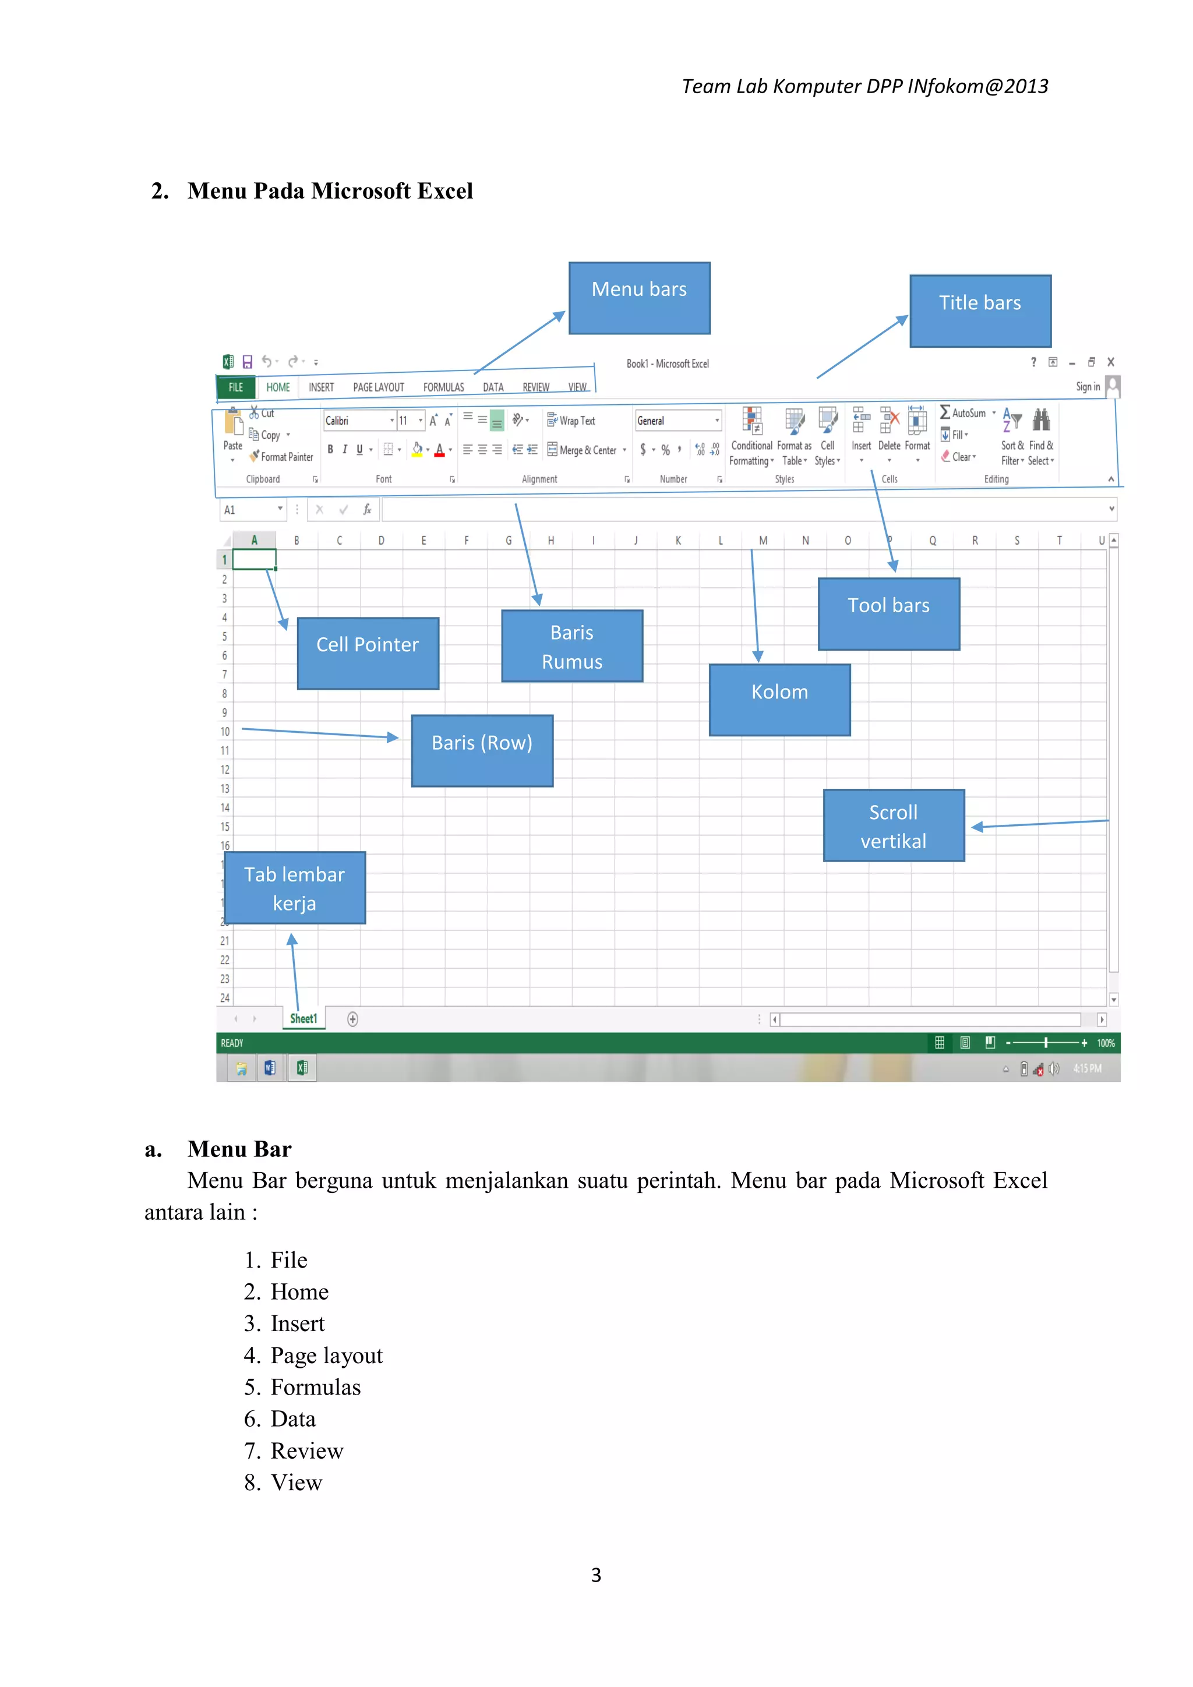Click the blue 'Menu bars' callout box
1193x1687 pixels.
pos(639,298)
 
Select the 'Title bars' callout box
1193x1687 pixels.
pos(980,311)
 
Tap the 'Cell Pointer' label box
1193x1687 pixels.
pos(368,652)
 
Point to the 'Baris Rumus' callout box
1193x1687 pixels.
pos(571,646)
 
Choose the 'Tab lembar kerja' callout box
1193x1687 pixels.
pos(295,888)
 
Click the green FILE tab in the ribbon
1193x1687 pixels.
pos(236,387)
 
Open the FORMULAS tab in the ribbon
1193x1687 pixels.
pos(443,387)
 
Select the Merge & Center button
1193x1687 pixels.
pos(586,450)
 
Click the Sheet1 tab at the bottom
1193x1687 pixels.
pos(303,1018)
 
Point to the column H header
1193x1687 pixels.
pos(551,540)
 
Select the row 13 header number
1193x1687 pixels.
pos(225,788)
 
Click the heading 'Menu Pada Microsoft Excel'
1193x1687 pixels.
pos(330,191)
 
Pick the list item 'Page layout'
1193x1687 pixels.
pos(326,1355)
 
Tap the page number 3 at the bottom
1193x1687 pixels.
pos(596,1575)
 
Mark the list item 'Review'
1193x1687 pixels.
pos(306,1450)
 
